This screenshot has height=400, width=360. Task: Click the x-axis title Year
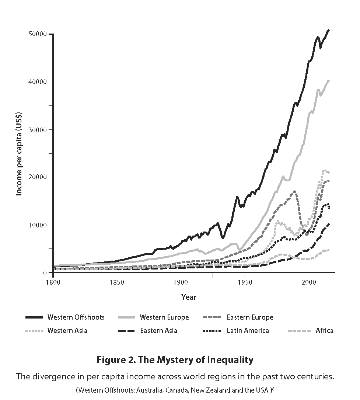189,297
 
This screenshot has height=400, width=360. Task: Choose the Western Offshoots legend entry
76,317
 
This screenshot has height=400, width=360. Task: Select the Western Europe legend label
164,317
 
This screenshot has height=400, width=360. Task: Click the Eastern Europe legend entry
250,317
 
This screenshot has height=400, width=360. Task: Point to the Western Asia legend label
67,331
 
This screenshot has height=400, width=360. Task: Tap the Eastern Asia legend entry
158,331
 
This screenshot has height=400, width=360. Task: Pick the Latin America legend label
248,331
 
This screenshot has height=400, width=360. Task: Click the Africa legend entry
324,331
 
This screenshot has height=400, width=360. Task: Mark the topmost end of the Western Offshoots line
329,30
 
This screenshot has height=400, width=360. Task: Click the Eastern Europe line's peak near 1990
294,191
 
